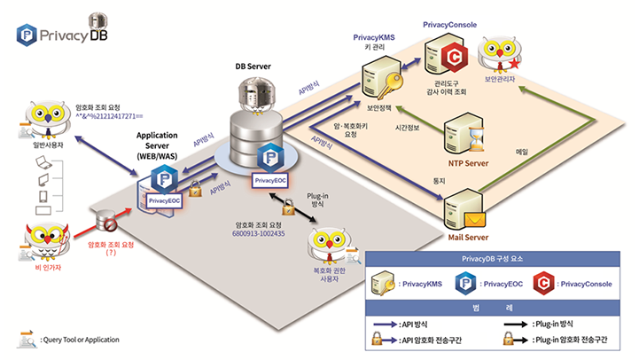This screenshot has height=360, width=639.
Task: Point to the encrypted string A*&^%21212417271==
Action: tap(113, 115)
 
